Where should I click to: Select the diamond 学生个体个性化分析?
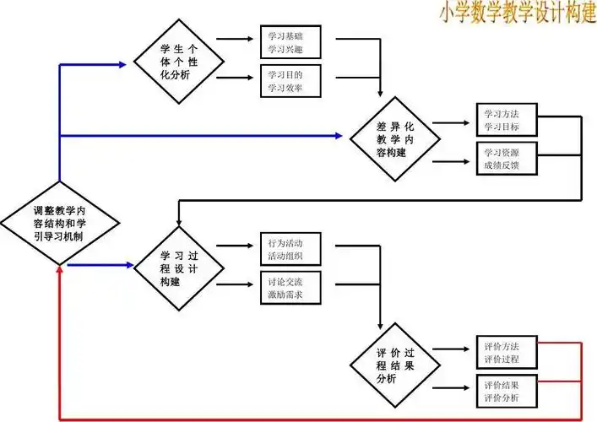coord(179,62)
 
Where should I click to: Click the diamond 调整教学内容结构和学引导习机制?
coord(58,224)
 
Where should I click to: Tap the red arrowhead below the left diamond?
coord(58,271)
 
